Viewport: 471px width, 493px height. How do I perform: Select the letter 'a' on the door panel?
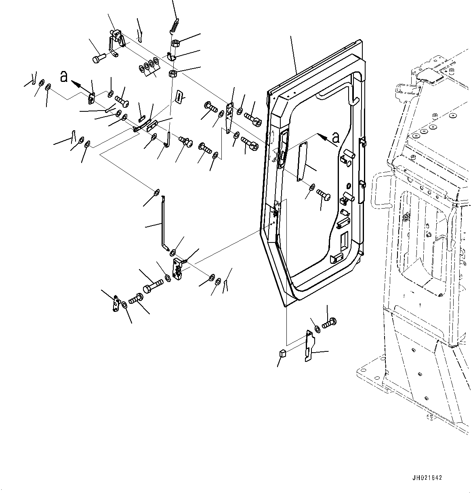[335, 138]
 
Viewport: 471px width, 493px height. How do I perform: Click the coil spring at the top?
[174, 27]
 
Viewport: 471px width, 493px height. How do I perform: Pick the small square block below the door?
[283, 353]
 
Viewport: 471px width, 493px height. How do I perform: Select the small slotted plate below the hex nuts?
[179, 96]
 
